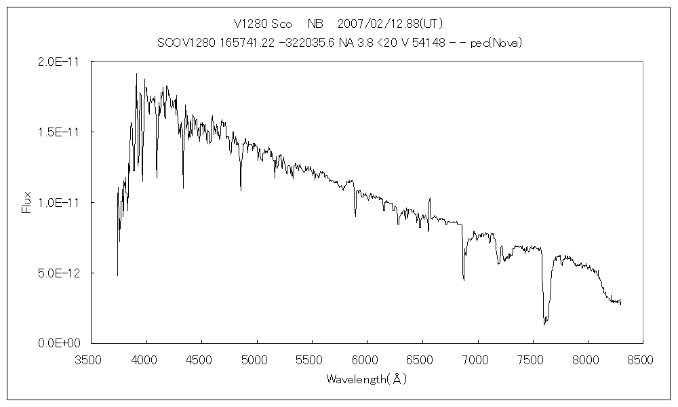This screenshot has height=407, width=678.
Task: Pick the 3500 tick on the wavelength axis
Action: tap(92, 359)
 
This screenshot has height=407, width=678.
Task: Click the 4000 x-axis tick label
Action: tap(146, 359)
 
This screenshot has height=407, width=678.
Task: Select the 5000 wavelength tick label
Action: tap(257, 359)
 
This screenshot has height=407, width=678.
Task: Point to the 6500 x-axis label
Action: tap(422, 359)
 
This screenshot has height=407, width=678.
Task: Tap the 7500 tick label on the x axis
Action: tap(533, 359)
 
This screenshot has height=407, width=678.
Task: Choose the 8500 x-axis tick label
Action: tap(643, 359)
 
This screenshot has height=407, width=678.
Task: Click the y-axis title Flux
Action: tap(27, 202)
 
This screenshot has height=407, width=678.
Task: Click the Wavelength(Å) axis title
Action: tap(366, 379)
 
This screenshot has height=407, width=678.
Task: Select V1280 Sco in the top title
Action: tap(268, 24)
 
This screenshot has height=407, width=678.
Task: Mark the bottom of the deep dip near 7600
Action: tap(544, 324)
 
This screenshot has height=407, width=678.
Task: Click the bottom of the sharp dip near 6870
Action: tap(464, 279)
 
